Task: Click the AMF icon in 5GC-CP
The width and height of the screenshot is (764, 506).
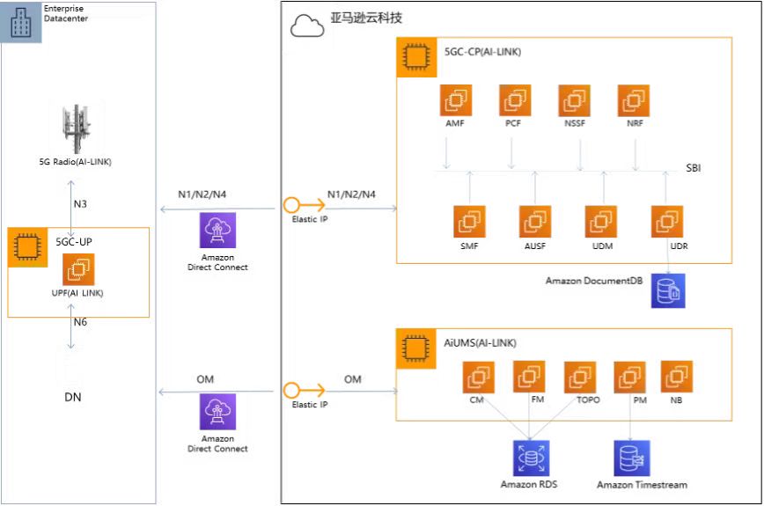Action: click(x=455, y=100)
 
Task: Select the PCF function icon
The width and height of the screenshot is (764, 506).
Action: click(x=514, y=100)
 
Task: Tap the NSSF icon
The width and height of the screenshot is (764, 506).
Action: click(x=574, y=100)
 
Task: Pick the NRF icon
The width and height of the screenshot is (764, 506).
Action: click(x=634, y=100)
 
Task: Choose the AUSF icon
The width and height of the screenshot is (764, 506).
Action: click(x=535, y=221)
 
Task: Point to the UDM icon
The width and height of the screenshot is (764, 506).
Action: click(x=602, y=221)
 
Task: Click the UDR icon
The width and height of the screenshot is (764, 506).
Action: click(x=667, y=221)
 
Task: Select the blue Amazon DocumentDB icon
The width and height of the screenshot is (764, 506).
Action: click(x=668, y=291)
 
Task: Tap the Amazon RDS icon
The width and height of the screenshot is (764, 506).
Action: click(x=530, y=458)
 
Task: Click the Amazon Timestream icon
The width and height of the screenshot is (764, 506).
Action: click(x=631, y=458)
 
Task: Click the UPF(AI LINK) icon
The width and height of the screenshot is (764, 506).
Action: click(x=77, y=268)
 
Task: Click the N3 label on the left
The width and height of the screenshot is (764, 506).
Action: click(x=80, y=203)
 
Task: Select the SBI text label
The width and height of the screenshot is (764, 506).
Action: click(x=694, y=167)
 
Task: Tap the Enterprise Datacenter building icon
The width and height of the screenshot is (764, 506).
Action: click(x=20, y=22)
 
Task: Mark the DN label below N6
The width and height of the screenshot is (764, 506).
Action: click(x=75, y=397)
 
